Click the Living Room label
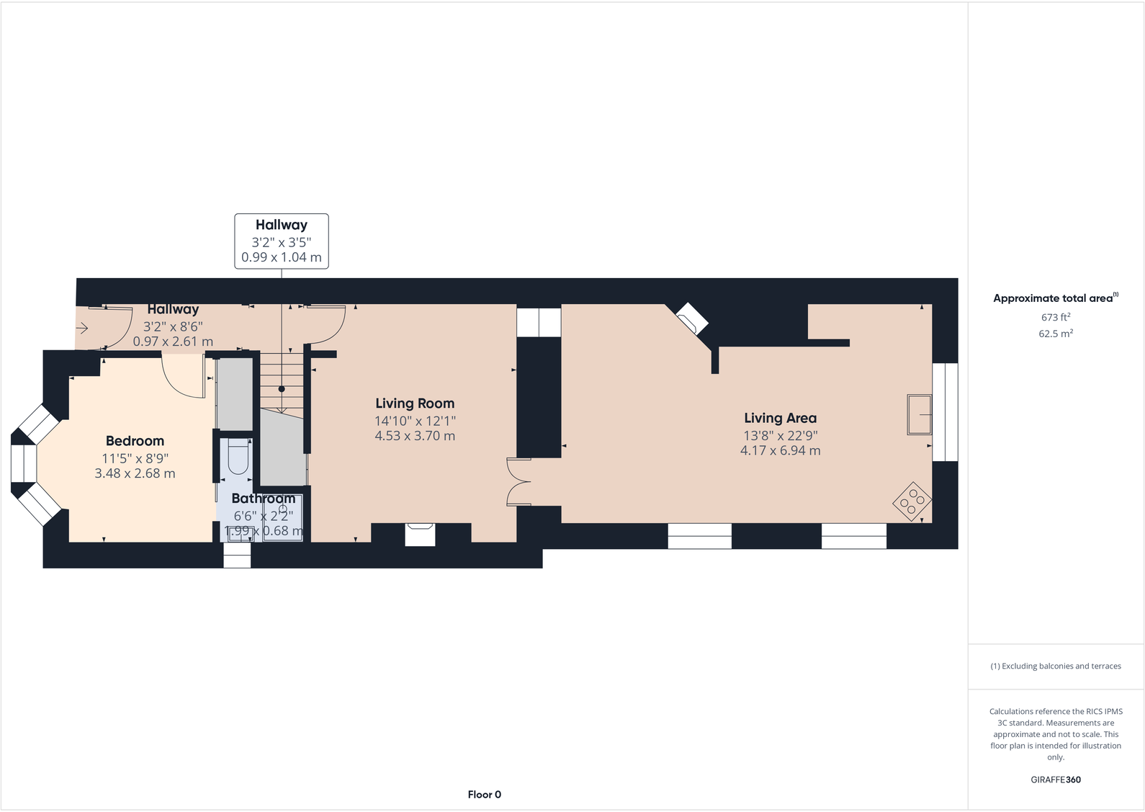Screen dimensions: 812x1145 coord(415,403)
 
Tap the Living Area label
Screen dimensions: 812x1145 coord(780,418)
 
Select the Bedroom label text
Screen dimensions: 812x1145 coord(135,441)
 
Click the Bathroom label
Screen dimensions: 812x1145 coord(263,499)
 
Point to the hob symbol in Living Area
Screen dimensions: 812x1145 coord(912,501)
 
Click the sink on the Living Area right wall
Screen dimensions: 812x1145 coord(919,414)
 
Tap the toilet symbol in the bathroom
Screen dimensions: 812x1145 coord(238,458)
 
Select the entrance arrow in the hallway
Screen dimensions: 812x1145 coord(81,329)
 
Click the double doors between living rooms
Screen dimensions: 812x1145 coord(518,481)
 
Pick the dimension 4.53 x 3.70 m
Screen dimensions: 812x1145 coord(415,436)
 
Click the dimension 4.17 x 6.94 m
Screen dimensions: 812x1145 coord(780,451)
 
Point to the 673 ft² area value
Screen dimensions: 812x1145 coord(1055,317)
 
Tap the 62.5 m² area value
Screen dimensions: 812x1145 coord(1055,334)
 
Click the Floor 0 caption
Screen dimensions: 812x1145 coord(484,795)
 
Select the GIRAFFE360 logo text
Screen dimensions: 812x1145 coord(1055,780)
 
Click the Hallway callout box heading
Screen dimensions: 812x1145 coord(281,225)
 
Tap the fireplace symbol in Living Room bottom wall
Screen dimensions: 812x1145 coord(421,534)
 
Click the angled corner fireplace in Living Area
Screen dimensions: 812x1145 coord(692,318)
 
